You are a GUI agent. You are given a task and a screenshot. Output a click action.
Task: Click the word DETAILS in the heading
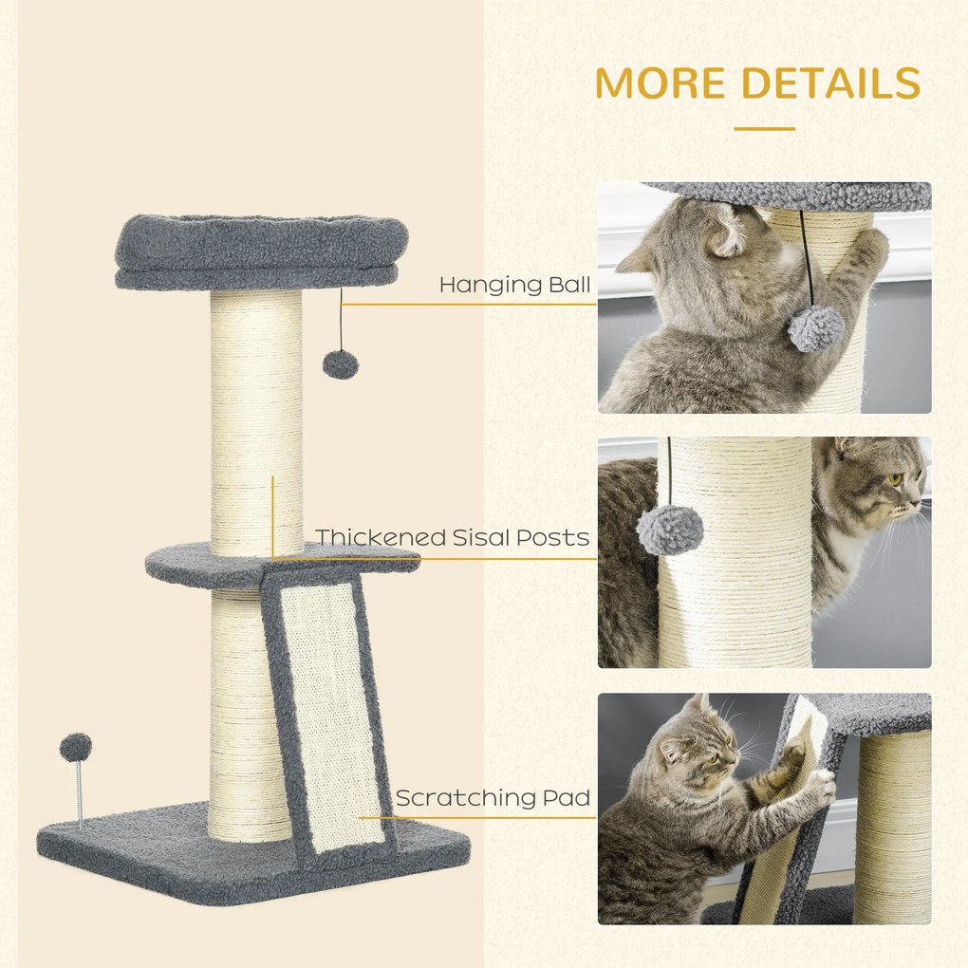coord(829,83)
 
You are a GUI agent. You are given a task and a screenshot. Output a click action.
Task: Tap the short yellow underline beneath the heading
coord(764,128)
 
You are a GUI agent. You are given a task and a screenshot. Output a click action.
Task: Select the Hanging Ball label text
coord(514,285)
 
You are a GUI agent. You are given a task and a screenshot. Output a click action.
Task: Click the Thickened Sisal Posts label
coord(453,538)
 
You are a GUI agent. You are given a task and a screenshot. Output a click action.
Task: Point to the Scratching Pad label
coord(493,797)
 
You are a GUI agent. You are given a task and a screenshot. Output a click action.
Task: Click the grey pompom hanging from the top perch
coord(341,364)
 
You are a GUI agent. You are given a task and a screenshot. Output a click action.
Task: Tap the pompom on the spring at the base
coord(76,747)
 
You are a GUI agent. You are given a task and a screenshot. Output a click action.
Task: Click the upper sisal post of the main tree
coord(256,418)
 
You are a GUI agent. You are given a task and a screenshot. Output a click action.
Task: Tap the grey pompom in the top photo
coord(815,328)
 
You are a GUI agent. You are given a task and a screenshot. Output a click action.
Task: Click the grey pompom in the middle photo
coord(669,528)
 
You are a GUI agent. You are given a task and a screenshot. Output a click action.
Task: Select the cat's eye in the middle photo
coord(895,479)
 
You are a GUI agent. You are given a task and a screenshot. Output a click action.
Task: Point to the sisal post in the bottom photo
coord(892,826)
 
